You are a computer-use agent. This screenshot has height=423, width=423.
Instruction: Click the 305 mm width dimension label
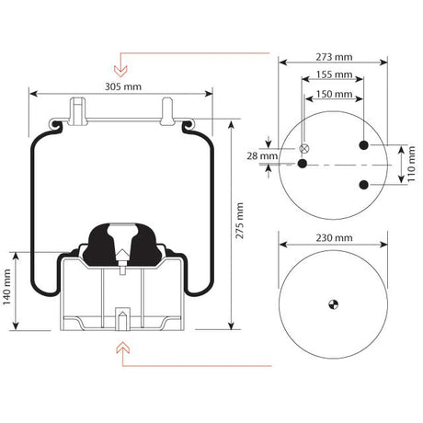(121, 86)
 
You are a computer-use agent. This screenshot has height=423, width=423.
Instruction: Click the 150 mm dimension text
(333, 95)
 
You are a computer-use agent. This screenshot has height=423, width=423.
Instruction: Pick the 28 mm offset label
(269, 156)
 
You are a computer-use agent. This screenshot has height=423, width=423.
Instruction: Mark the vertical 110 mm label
(411, 165)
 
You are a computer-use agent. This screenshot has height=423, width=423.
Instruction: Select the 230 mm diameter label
(332, 239)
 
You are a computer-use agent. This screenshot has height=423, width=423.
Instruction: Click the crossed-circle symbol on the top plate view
(304, 149)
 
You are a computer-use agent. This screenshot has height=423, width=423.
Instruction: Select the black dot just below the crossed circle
(303, 164)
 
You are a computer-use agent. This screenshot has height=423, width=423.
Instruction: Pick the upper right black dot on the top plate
(364, 145)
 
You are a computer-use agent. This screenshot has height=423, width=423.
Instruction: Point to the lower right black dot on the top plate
(364, 185)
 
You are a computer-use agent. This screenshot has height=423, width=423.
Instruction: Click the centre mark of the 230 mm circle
(332, 303)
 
